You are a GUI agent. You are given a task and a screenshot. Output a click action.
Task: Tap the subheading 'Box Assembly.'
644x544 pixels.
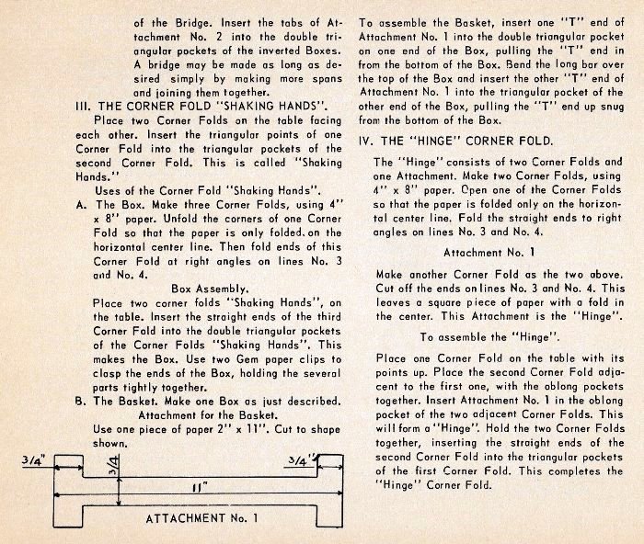(x=213, y=286)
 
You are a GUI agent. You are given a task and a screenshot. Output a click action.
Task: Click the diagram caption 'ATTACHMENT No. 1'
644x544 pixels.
(x=200, y=518)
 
